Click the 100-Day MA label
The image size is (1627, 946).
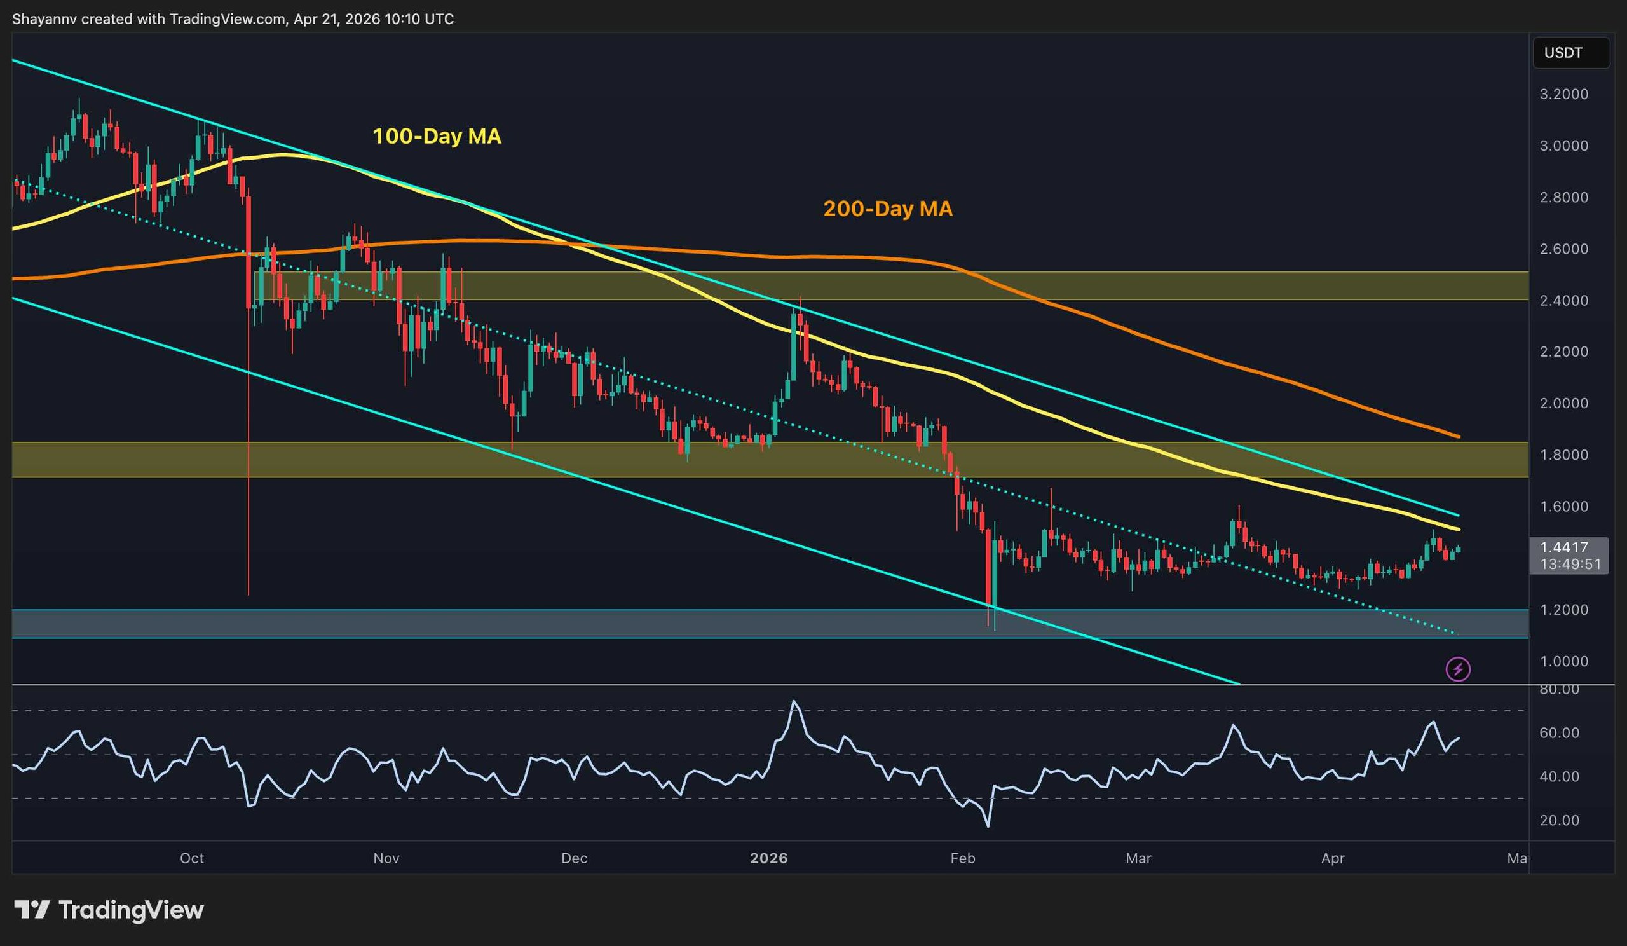tap(437, 136)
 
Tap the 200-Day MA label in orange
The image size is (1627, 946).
tap(888, 209)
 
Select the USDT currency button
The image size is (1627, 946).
tap(1563, 53)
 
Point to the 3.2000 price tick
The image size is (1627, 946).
tap(1563, 94)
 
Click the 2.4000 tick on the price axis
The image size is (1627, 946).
tap(1563, 300)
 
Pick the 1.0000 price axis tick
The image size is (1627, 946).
tap(1563, 661)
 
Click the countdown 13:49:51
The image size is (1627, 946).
tap(1570, 564)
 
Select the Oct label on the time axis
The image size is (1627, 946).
tap(192, 858)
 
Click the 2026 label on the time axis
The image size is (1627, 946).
tap(769, 858)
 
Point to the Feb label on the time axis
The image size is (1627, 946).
tap(963, 858)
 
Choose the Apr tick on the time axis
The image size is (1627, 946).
tap(1333, 858)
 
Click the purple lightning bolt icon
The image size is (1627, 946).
tap(1458, 669)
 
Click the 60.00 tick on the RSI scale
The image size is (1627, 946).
tap(1559, 733)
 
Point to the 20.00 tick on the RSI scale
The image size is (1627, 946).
tap(1559, 821)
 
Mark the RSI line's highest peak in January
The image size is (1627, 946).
tap(794, 701)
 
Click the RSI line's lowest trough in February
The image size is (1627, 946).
tap(988, 826)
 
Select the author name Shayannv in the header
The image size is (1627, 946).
tap(44, 19)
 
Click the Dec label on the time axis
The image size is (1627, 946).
tap(574, 858)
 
